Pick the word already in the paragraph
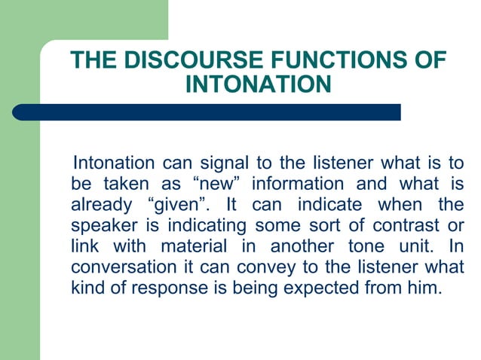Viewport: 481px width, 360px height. pos(100,205)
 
